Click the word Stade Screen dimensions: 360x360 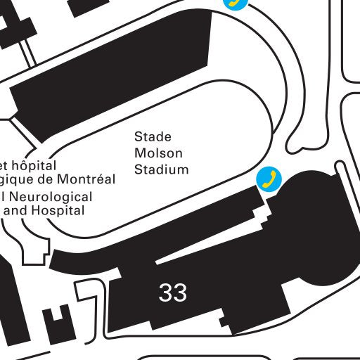[153, 136]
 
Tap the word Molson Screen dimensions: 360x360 [158, 153]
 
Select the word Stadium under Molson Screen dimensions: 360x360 [162, 169]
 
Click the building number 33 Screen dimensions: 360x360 [173, 292]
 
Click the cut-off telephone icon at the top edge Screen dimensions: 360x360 [236, 3]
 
